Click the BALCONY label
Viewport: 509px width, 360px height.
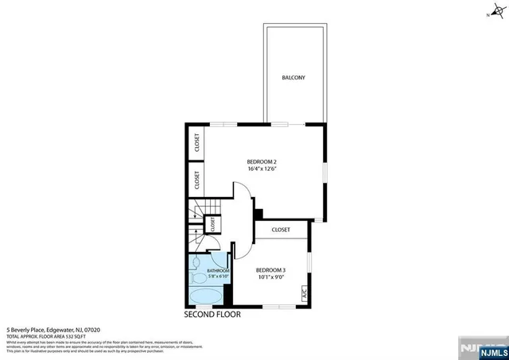[x=293, y=78]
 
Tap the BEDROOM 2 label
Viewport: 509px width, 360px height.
[x=261, y=161]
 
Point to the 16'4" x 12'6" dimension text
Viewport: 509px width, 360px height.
[x=261, y=168]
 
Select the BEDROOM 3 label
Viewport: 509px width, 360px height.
[x=270, y=270]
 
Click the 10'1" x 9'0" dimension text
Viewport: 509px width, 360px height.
[x=270, y=278]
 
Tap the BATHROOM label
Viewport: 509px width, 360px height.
[x=218, y=271]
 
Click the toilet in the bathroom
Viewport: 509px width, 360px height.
[x=196, y=264]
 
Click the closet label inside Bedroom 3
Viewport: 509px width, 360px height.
[x=281, y=230]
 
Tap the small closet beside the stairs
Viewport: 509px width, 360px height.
[x=214, y=225]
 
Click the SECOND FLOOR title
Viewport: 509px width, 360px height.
[x=212, y=314]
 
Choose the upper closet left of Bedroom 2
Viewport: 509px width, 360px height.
[x=195, y=143]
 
